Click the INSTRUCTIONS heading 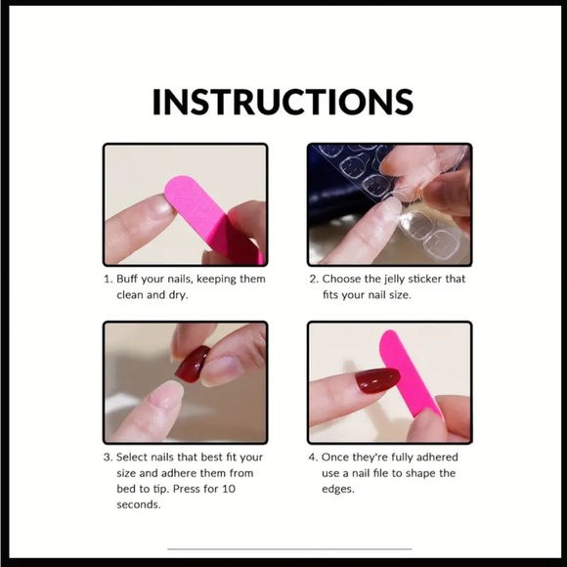point(283,102)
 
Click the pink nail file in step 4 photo point(407,376)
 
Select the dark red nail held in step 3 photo point(192,364)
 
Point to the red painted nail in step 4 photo point(376,380)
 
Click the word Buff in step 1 point(131,279)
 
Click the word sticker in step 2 point(425,279)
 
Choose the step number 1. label point(108,279)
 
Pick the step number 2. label point(314,279)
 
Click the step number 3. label point(108,458)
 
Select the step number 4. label point(314,458)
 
